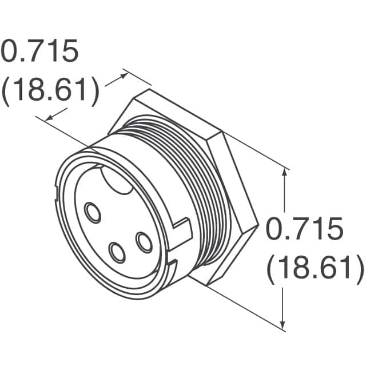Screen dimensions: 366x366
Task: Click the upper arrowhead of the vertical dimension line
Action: click(x=284, y=173)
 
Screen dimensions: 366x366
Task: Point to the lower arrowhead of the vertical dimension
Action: click(x=284, y=325)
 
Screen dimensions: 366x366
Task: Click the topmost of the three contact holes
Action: click(x=92, y=212)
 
